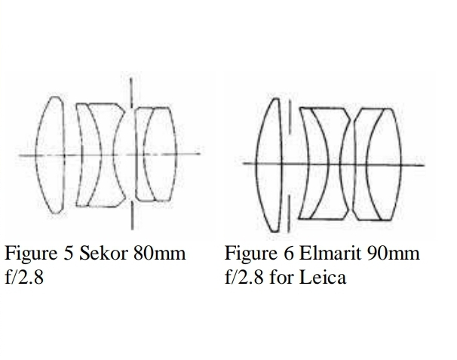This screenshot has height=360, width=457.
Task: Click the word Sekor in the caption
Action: (103, 253)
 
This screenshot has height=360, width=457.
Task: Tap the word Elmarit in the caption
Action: (331, 253)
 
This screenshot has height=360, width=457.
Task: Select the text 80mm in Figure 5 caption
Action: (160, 253)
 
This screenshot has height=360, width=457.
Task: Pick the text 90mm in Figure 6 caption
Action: (394, 253)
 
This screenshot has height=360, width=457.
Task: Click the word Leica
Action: (323, 277)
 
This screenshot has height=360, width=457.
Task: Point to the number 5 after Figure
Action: (68, 254)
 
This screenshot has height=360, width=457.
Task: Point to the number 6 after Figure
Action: (288, 254)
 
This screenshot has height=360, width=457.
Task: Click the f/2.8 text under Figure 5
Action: (24, 277)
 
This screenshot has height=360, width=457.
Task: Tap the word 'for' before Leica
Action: (281, 277)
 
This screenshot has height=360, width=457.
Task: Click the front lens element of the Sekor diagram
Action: (50, 155)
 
